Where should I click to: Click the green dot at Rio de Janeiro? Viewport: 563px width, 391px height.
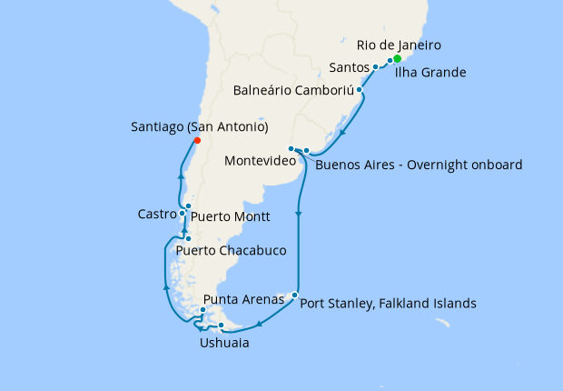397,59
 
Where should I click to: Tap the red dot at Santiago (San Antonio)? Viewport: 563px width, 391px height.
197,140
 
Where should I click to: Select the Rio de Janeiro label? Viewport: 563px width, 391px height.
400,45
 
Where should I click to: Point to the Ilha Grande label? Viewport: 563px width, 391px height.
430,72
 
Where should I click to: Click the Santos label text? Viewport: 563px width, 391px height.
349,67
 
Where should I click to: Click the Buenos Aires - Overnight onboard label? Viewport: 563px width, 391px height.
419,165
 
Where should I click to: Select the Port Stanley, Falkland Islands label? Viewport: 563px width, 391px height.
388,304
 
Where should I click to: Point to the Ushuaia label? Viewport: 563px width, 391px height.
224,344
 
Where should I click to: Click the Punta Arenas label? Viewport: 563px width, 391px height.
238,299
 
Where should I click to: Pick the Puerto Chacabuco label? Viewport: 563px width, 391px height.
232,250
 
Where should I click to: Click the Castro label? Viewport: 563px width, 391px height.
156,215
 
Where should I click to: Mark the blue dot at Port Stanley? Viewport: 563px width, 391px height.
294,294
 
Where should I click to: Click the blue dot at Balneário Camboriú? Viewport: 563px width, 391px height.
361,90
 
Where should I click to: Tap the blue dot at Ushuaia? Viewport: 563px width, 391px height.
222,325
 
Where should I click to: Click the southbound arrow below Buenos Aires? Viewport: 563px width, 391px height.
299,214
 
